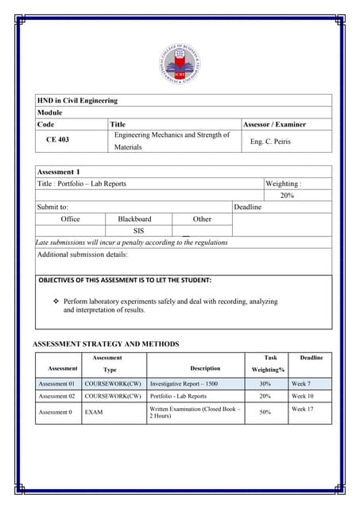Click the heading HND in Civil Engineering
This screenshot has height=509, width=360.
click(77, 101)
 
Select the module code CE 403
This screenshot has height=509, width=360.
click(56, 139)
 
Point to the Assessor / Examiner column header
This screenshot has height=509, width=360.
click(274, 124)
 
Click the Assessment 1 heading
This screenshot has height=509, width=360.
click(59, 171)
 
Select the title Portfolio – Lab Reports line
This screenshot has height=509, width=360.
click(82, 184)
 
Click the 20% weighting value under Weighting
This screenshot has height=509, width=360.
click(287, 196)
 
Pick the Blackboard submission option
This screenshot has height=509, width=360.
click(134, 219)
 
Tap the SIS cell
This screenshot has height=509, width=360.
click(138, 231)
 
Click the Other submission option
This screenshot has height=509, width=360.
click(202, 219)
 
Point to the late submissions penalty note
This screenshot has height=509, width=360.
click(132, 242)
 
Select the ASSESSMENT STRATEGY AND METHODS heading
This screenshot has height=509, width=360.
click(105, 344)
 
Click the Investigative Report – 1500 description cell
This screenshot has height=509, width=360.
click(184, 383)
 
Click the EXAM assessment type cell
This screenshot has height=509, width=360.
click(94, 413)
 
